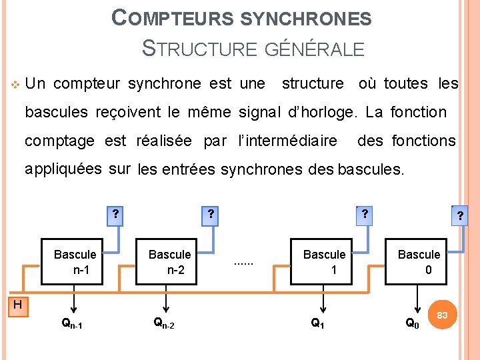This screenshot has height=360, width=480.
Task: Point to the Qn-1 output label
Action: (73, 324)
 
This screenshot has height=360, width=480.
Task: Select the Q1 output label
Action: (318, 324)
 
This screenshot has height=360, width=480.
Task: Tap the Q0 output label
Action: (413, 324)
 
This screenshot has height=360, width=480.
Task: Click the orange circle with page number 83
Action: (442, 315)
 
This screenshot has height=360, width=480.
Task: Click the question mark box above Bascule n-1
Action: (115, 215)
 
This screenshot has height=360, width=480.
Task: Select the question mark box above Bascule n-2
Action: (210, 215)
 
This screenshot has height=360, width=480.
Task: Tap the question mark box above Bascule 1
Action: (364, 215)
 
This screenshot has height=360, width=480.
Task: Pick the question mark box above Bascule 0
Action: (460, 216)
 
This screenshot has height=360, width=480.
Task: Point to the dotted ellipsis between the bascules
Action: (244, 262)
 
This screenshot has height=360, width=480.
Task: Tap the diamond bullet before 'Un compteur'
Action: (16, 85)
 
